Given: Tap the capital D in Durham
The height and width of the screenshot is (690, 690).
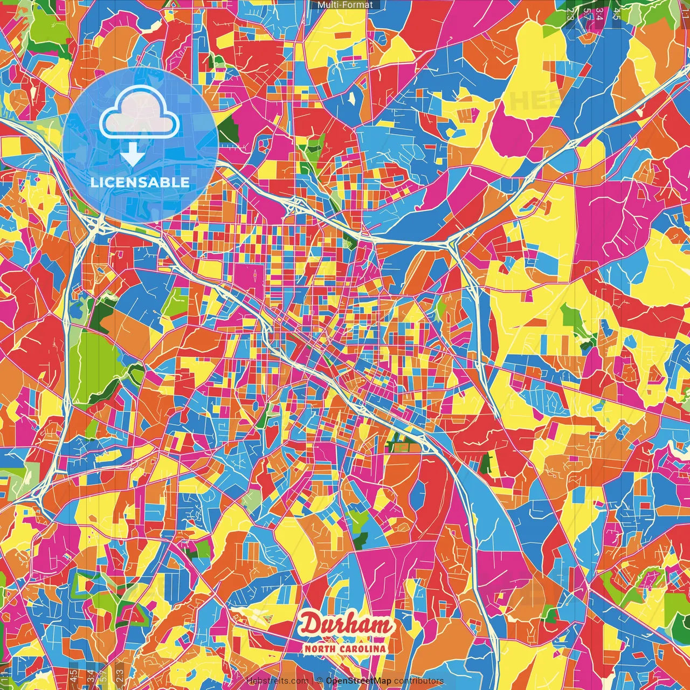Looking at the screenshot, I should point(311,624).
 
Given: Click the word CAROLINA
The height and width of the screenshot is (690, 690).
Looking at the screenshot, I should point(363,648).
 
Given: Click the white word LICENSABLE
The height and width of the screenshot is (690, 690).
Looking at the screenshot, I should point(140,182).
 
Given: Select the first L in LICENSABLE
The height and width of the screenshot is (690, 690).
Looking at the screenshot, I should point(93,182).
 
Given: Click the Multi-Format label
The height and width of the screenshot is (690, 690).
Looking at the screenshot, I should point(345,5).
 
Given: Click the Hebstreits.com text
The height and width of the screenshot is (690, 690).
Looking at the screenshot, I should point(277,681).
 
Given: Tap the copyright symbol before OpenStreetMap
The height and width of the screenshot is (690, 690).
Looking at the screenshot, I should point(320,681).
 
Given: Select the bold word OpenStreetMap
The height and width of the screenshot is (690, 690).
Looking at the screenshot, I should point(358,681).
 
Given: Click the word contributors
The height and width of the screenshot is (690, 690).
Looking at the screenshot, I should point(419,681).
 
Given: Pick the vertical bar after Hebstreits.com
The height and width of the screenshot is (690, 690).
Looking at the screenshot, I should point(312,681).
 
